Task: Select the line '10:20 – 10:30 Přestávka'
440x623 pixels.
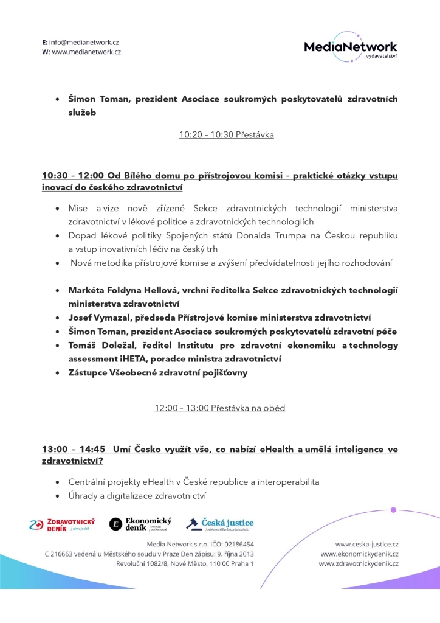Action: [226, 135]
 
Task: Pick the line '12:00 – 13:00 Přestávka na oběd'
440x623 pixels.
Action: [220, 408]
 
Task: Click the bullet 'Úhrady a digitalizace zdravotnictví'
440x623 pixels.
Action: [137, 496]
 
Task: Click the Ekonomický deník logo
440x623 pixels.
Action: [140, 524]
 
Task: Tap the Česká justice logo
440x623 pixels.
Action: [219, 524]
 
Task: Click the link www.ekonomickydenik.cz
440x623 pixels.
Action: [359, 554]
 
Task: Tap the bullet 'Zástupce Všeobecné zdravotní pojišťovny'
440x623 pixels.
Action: [158, 372]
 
